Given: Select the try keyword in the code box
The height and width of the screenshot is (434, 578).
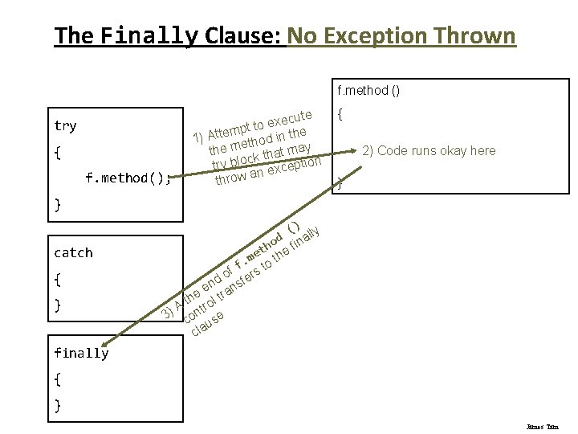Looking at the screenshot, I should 65,125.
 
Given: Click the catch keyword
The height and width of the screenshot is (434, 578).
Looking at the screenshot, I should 73,252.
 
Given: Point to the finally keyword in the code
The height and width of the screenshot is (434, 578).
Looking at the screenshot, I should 81,353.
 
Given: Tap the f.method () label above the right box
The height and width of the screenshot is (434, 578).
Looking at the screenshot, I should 368,91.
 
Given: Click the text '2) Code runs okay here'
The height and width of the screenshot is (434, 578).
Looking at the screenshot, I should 429,151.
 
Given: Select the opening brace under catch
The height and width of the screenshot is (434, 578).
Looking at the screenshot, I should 57,279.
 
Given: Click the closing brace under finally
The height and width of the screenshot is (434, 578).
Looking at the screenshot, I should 57,405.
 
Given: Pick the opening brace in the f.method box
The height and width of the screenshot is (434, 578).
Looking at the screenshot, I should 340,116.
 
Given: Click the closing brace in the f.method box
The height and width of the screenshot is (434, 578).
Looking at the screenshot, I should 340,184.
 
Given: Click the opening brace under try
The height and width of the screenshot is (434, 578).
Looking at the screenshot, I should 57,152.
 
